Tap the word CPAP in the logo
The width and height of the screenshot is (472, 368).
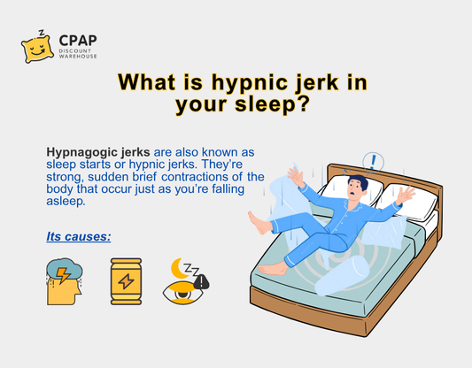click(x=78, y=41)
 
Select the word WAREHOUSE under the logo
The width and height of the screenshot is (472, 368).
click(x=79, y=58)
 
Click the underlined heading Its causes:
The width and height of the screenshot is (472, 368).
click(x=78, y=237)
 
